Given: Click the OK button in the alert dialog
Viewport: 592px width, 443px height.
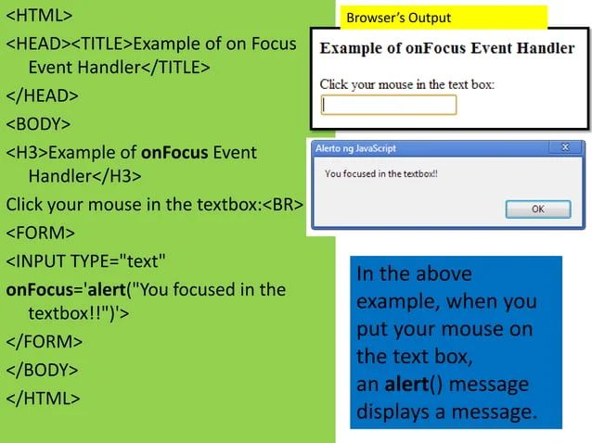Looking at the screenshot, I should (x=538, y=209).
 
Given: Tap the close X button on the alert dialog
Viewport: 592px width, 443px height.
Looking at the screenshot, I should (x=565, y=147).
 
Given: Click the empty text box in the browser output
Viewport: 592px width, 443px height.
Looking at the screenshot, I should (x=389, y=105).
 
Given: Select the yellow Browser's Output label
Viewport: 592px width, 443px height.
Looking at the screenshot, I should (x=398, y=18).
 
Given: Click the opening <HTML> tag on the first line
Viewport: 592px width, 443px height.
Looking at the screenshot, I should (x=39, y=17).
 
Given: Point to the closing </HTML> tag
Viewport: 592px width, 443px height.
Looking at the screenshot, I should (x=44, y=399).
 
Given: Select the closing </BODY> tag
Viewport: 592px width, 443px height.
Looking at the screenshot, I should (x=43, y=370).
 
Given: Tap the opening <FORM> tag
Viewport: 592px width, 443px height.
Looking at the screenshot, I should (x=41, y=232).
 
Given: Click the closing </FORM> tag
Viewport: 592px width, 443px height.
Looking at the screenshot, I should (x=45, y=342).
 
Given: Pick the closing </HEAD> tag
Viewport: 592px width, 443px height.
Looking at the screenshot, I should (x=43, y=95).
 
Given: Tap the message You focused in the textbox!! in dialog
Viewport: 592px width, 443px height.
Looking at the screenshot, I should (x=380, y=173).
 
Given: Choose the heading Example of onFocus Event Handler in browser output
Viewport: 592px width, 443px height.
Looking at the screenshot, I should (x=446, y=48).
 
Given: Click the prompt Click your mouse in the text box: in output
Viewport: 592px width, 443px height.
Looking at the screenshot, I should (x=406, y=84).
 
